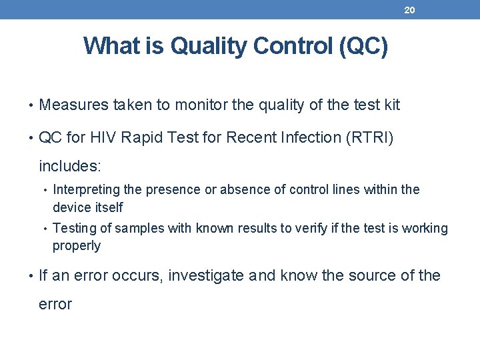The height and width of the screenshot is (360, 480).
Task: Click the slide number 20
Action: pos(409,10)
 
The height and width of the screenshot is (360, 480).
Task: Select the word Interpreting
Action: pos(86,190)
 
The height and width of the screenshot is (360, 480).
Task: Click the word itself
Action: pos(106,207)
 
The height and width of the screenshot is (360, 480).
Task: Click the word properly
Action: pos(77,246)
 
